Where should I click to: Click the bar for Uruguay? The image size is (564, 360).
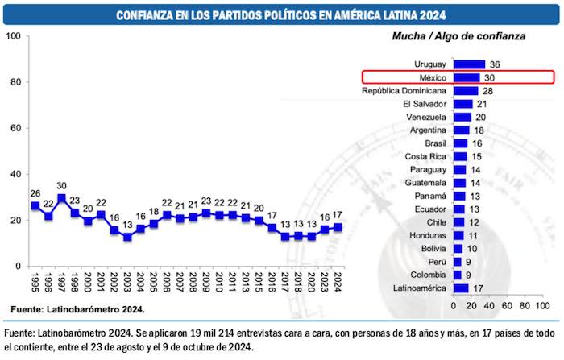coord(469,64)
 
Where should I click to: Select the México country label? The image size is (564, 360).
coord(432,78)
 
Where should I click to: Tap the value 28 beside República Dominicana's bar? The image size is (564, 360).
coord(487,91)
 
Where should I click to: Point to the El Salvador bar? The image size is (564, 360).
coord(463,104)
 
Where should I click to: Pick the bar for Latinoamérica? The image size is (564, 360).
coord(461,288)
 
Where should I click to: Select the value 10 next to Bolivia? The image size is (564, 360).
coord(472,249)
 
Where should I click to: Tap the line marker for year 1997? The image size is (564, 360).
coord(62,198)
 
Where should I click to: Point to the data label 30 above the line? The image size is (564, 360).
coord(62,184)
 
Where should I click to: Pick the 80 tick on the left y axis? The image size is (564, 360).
coord(15,82)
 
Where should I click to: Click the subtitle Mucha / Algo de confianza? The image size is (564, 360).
coord(458,37)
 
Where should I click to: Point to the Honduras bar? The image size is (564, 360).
coord(458,235)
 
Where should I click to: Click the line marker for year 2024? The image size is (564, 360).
coord(337,227)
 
